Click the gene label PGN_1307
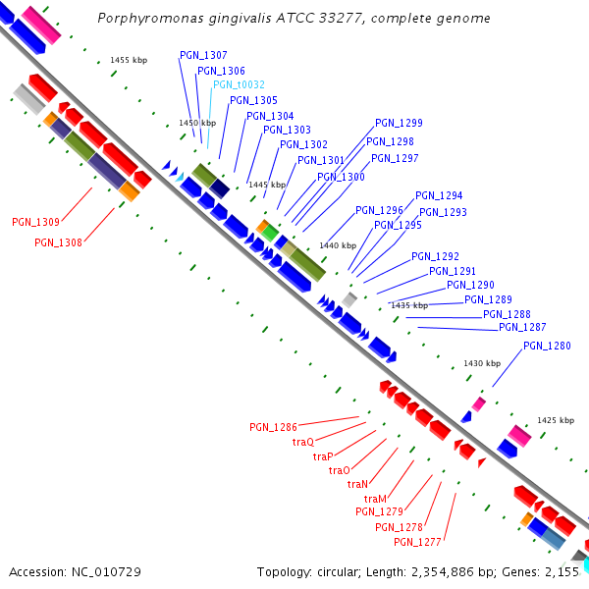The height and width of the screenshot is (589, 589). [x=203, y=55]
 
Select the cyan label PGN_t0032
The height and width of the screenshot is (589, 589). [x=239, y=84]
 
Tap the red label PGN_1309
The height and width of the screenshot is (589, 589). [x=35, y=222]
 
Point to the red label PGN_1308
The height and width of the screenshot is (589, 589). [x=58, y=242]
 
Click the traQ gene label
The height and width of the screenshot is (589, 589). [x=303, y=442]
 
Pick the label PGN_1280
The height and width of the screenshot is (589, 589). [x=547, y=346]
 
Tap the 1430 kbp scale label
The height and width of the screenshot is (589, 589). [x=482, y=363]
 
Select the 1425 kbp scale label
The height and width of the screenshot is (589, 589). [x=555, y=420]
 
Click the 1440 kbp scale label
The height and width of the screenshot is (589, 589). [x=338, y=245]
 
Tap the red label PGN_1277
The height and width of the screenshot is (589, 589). [x=418, y=542]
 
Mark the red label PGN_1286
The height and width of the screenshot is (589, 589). [x=273, y=427]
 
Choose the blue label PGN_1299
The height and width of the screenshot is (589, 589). [x=399, y=124]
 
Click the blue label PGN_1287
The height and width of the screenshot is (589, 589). [x=522, y=327]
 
